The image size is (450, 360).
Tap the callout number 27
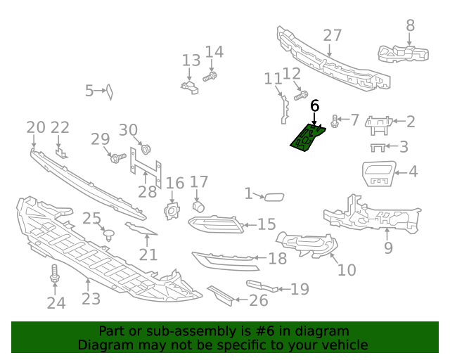333,36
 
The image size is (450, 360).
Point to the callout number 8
411,26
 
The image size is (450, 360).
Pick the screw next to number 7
335,121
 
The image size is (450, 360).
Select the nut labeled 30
146,149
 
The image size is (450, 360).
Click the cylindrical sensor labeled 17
198,206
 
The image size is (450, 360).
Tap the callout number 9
388,247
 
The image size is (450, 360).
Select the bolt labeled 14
210,76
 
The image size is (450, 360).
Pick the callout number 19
300,288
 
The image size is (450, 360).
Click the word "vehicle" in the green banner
342,345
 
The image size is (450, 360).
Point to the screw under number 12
301,94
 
